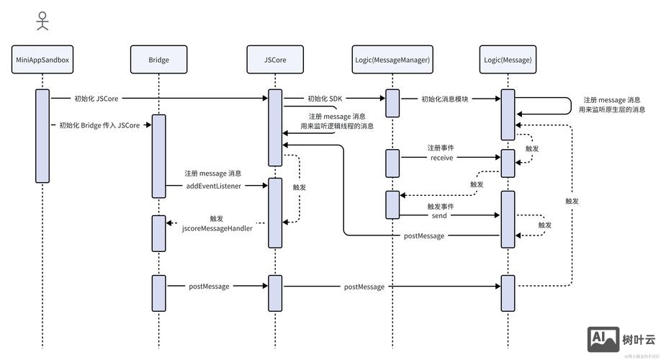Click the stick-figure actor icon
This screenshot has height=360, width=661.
coord(42,20)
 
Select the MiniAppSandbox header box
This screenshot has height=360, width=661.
coord(42,60)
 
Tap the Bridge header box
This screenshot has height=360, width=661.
coord(159,60)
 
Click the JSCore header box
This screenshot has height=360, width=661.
coord(275,60)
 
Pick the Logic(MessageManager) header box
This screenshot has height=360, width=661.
coord(392,60)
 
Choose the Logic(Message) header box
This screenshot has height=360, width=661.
coord(508,60)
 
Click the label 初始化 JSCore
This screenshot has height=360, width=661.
coord(96,99)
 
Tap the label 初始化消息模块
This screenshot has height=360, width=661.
coord(445,99)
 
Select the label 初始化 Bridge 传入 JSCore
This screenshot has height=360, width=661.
coord(99,125)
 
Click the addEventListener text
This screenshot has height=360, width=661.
coord(214,186)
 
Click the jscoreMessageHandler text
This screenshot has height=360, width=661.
coord(217,228)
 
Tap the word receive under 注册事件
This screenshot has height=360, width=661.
coord(441,158)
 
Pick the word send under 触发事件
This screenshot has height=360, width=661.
coord(439,215)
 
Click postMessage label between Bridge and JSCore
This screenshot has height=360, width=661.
coord(209,287)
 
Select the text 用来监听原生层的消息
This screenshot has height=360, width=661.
coord(612,109)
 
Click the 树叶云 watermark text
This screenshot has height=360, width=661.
coord(639,340)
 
